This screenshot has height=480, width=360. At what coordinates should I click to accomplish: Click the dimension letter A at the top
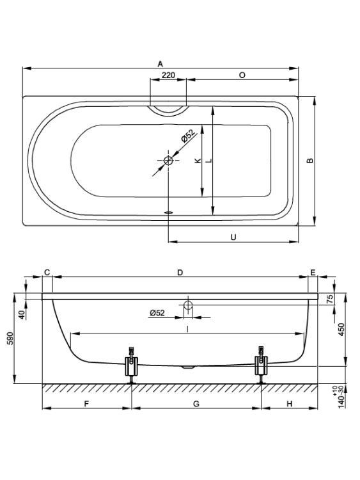point(160,64)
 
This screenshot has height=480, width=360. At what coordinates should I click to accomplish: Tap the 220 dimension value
point(168,75)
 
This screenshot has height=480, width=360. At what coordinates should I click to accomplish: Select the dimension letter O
point(242,75)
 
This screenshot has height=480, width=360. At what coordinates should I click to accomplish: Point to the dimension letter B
point(310,161)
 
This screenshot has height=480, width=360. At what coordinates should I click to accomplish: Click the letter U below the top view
point(233,237)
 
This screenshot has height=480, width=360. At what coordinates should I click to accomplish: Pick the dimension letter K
point(198,161)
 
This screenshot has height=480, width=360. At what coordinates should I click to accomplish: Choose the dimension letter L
point(209,161)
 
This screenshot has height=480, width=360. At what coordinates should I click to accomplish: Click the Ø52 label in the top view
point(188,136)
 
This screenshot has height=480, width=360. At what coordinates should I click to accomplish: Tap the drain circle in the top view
point(168,160)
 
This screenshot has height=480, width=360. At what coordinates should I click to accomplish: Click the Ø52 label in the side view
point(157,313)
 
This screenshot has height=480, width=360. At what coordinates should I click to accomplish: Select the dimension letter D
point(180,272)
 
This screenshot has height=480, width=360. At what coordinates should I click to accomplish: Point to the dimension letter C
point(47,272)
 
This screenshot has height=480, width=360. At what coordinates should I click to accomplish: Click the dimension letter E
point(313,272)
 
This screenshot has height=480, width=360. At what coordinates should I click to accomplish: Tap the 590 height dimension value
point(11,339)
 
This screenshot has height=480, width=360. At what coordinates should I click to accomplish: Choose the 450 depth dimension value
point(341,330)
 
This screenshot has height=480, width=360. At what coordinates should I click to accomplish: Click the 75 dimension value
point(331,299)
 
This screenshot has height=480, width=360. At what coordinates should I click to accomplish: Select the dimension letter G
point(196,404)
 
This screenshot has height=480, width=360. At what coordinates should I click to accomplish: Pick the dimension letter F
point(86,404)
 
